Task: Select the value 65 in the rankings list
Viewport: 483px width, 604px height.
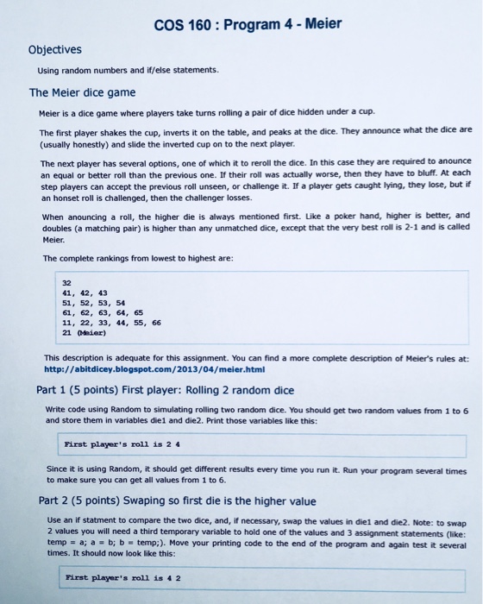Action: (139, 314)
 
